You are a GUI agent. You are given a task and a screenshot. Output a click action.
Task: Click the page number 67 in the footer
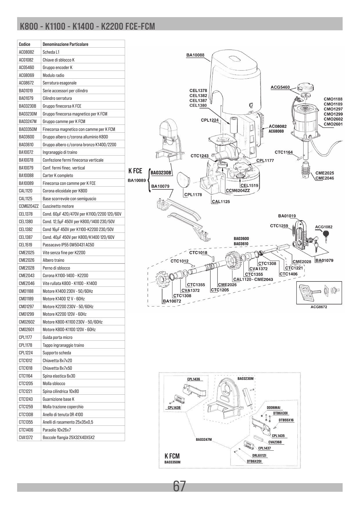tap(179, 486)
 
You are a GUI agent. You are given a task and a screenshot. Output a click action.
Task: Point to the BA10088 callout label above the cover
tap(195, 55)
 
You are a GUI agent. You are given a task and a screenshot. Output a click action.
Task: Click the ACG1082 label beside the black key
tap(324, 227)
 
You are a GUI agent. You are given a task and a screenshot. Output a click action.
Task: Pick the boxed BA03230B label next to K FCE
tap(161, 173)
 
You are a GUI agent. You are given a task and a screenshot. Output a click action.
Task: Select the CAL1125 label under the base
tap(221, 202)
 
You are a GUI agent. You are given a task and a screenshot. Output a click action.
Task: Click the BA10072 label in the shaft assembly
tap(172, 301)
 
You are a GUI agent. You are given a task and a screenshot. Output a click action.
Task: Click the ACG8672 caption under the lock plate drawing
tap(319, 307)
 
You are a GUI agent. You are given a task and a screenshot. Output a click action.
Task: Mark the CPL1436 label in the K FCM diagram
tap(193, 379)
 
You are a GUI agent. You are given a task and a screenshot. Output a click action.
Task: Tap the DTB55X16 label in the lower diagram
tap(286, 420)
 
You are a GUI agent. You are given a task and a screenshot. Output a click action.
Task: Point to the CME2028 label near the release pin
tap(302, 262)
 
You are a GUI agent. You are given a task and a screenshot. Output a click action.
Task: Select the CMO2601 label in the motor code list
tap(333, 124)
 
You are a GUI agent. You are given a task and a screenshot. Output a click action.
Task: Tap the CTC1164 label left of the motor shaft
tap(284, 152)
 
